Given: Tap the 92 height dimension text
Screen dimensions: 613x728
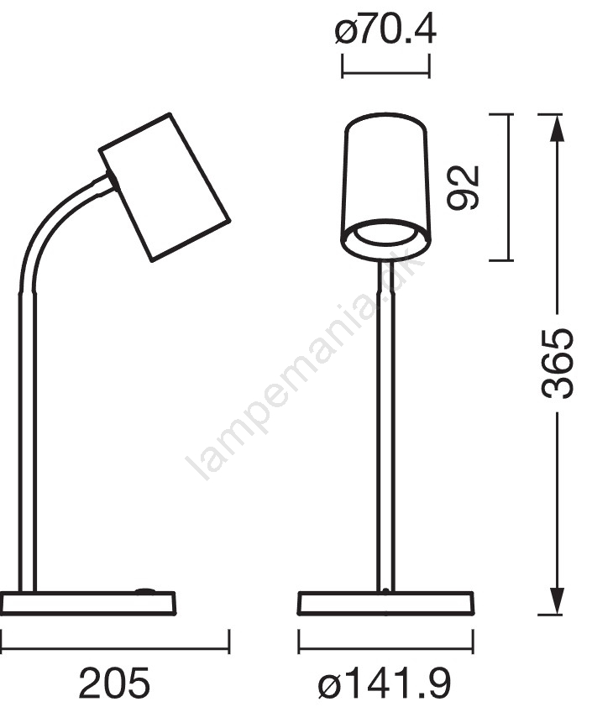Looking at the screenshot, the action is pos(462,187).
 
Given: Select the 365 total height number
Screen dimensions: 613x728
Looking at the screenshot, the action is pos(558,363).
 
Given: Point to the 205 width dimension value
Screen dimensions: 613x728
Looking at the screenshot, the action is pos(114,683).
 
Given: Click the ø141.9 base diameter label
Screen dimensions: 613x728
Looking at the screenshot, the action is pos(385,683).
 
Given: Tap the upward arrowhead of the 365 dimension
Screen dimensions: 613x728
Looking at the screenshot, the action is pos(557,127).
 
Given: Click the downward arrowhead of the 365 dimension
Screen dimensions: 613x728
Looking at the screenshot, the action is pos(557,601).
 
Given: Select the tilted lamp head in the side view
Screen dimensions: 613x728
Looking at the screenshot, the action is pos(165,187).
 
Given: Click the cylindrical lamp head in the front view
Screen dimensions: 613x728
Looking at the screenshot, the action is pos(385,186).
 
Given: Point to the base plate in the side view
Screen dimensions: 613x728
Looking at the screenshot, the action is pos(88,604).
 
